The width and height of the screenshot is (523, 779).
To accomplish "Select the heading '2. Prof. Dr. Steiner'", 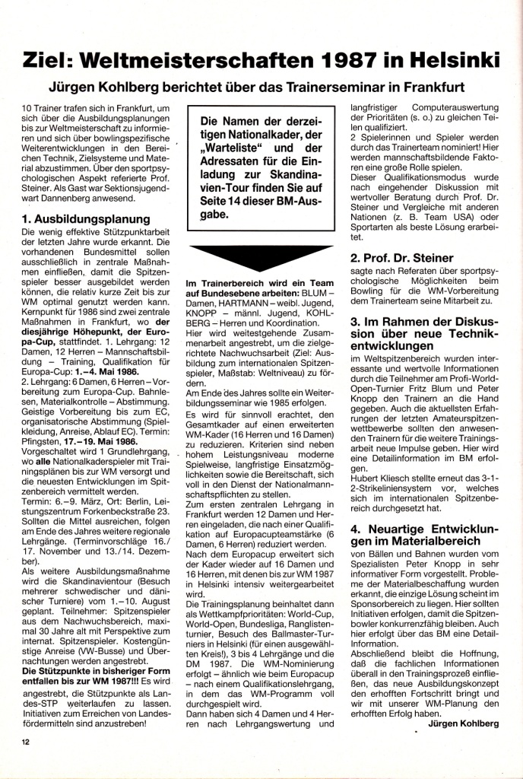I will [x=401, y=258].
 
